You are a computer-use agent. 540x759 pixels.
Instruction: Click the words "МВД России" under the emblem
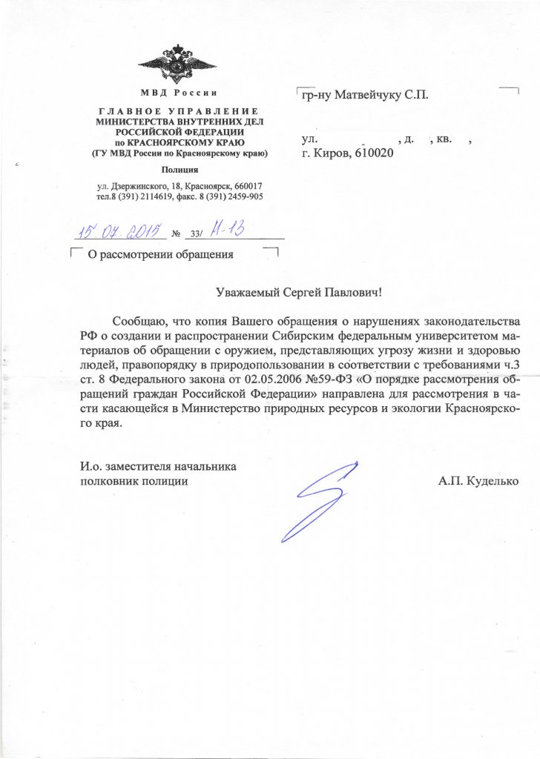click(178, 93)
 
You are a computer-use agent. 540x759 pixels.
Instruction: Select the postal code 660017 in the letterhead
click(245, 185)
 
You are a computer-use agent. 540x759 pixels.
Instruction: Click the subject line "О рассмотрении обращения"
click(161, 255)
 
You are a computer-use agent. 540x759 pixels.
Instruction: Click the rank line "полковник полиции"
click(134, 481)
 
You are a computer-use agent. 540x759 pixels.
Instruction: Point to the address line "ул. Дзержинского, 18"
click(141, 185)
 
